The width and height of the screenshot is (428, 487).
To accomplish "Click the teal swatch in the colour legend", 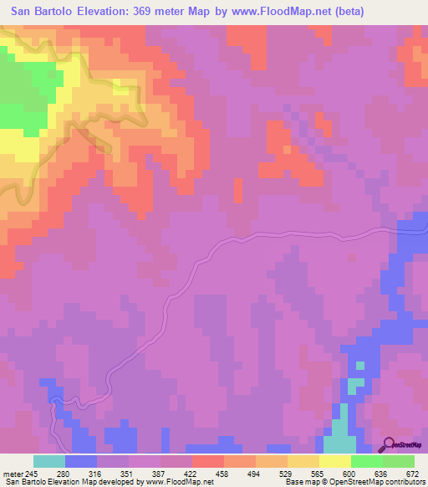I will [49, 461].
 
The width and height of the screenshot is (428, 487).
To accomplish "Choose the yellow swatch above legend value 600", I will [335, 461].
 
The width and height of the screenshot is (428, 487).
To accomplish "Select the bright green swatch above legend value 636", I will [367, 461].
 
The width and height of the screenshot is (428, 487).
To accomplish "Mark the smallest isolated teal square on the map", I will [360, 366].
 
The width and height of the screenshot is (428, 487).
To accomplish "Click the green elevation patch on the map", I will [21, 92].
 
